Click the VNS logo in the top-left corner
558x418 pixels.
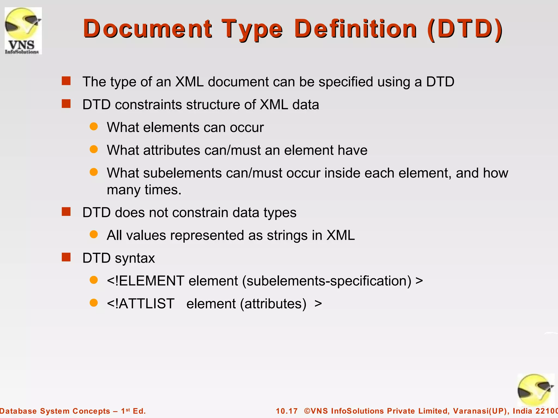point(23,30)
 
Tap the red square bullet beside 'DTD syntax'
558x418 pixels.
point(66,257)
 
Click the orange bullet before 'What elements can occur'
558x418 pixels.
point(94,127)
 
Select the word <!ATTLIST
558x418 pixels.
point(141,303)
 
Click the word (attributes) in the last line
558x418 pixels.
point(273,304)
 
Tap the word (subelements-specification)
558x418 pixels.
point(327,281)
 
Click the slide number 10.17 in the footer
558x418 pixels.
point(287,411)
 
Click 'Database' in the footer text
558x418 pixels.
point(18,411)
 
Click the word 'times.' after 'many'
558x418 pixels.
point(163,190)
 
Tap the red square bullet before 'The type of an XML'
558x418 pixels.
point(66,81)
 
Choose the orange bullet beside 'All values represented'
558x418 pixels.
point(94,234)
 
